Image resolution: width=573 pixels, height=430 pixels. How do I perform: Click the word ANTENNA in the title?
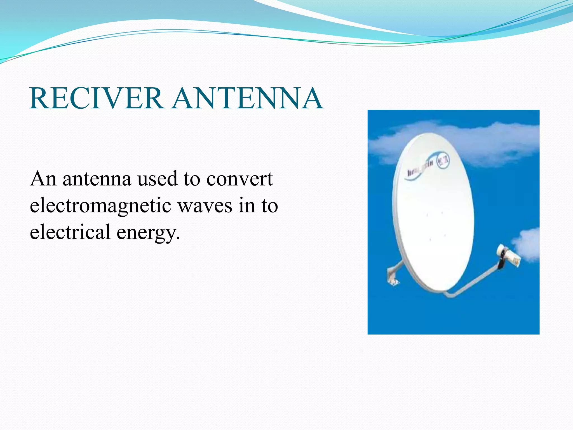tap(247, 99)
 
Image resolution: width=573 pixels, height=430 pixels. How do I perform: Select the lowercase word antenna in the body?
tap(97, 179)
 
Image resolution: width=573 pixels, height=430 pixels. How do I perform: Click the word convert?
tap(239, 179)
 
